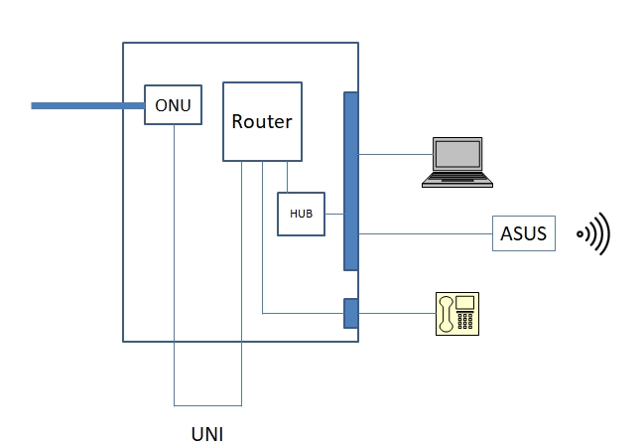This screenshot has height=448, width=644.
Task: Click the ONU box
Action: tap(173, 104)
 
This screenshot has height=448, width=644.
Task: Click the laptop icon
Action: tap(457, 163)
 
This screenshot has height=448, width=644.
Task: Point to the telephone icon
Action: tap(457, 313)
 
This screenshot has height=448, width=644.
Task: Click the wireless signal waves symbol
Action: tap(594, 234)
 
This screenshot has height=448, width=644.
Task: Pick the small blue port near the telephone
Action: tap(350, 313)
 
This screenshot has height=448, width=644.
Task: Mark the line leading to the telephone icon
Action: tap(397, 314)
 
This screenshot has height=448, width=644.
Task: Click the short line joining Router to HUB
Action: tap(287, 177)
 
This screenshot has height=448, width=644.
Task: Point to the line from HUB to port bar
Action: tap(333, 214)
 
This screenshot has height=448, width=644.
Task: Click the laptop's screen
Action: tap(457, 155)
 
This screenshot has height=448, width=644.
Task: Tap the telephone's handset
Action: tap(448, 313)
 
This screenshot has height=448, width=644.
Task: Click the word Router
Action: tap(262, 122)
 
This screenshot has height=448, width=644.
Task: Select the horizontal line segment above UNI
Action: tap(207, 404)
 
